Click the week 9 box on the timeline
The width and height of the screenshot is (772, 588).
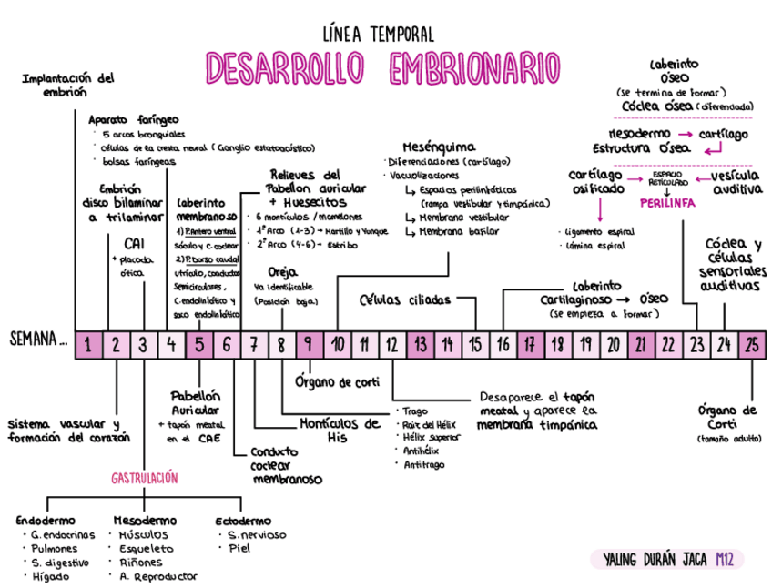(x=309, y=344)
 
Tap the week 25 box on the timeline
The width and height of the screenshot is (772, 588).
(x=751, y=344)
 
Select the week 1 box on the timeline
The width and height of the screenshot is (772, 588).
(x=88, y=344)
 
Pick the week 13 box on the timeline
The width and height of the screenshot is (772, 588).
(x=420, y=344)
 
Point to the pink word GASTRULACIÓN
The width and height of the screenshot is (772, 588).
(x=144, y=478)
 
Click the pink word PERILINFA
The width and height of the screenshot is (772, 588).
(x=667, y=204)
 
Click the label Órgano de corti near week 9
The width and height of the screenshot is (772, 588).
(x=337, y=382)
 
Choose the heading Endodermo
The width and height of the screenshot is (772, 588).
(x=45, y=520)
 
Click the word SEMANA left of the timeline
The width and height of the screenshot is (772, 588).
(x=38, y=342)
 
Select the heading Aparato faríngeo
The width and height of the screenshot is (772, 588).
(x=134, y=119)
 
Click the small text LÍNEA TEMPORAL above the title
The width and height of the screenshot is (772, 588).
(x=379, y=35)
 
